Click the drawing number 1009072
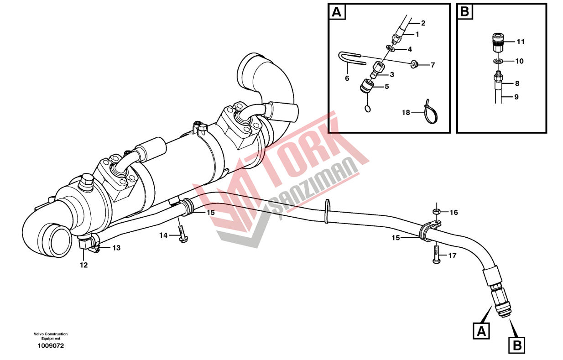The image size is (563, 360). tap(51, 346)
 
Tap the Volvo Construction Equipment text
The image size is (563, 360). tap(51, 336)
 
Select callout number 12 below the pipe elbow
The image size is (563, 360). tap(83, 265)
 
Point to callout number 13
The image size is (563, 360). tap(116, 248)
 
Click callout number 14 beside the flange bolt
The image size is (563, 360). tap(163, 235)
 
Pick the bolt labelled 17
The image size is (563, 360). tap(436, 254)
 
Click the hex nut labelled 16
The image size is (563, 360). tap(437, 212)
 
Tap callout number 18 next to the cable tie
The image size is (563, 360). tap(406, 112)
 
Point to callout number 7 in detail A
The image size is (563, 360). tap(433, 65)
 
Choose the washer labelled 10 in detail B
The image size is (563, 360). tap(498, 61)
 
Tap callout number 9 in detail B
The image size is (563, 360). tap(516, 97)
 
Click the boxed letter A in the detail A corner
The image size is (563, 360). tap(337, 12)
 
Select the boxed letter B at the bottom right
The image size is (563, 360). tap(517, 345)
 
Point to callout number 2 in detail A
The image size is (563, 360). tap(423, 23)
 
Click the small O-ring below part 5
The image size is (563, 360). tap(367, 109)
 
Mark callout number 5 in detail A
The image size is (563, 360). tap(387, 87)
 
